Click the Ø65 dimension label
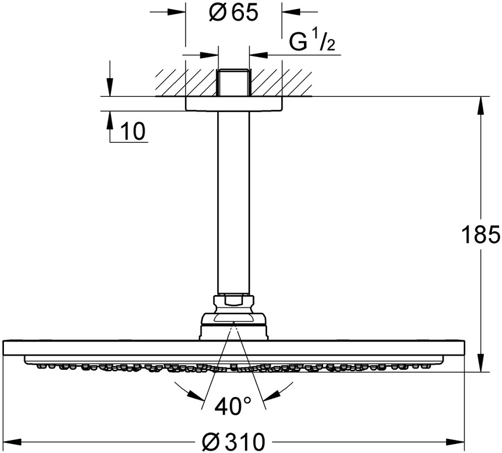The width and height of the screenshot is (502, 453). [233, 13]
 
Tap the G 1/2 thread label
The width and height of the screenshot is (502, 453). [312, 42]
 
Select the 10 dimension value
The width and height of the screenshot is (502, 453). [133, 131]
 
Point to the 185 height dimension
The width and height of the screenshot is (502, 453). [480, 234]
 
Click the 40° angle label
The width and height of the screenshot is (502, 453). [233, 406]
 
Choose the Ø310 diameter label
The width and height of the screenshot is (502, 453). [234, 442]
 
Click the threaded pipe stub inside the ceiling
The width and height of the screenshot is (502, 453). [234, 82]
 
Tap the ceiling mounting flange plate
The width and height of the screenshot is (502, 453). [234, 104]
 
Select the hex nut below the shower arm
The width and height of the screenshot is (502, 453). [234, 304]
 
